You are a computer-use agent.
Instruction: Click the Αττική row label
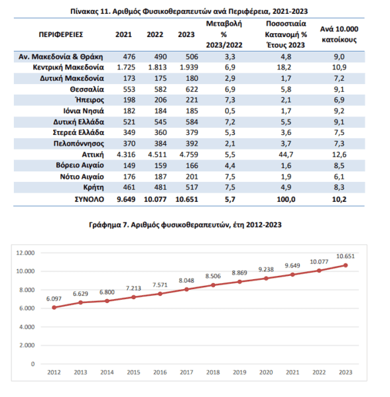tap(93, 154)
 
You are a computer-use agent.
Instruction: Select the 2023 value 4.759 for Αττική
tap(189, 154)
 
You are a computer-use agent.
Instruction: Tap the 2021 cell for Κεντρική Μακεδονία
tap(126, 67)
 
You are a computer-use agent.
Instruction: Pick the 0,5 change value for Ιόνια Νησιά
tap(230, 111)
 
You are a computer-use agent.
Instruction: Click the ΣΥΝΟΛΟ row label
tap(90, 199)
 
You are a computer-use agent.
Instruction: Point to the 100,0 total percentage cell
tap(286, 199)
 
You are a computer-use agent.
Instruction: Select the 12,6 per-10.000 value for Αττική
tap(339, 154)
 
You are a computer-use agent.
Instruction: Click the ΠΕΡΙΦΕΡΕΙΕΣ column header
tap(61, 34)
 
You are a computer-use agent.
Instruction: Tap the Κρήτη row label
tap(94, 187)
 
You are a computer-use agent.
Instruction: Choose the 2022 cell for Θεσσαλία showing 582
tap(161, 89)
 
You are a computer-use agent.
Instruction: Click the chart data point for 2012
tap(54, 308)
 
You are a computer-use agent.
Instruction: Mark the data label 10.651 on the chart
tap(346, 256)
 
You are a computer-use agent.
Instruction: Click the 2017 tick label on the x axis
tap(186, 372)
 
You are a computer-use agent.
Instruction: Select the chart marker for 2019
tap(239, 282)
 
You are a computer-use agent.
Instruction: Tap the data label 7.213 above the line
tap(133, 288)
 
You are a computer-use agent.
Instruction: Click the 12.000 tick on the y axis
tap(25, 253)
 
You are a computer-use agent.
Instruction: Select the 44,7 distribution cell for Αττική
tap(286, 154)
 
